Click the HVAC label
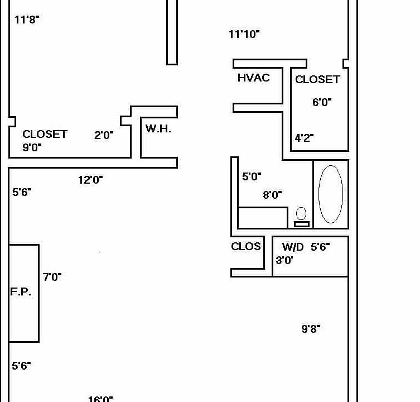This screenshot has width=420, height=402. (x=253, y=78)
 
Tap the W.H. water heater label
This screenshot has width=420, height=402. (x=158, y=129)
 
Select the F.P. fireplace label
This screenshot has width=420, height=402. (x=21, y=291)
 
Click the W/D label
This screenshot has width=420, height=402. (x=293, y=247)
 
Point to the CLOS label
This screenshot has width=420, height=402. (x=246, y=246)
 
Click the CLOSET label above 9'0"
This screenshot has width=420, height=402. (x=45, y=134)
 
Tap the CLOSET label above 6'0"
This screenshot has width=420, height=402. (x=317, y=79)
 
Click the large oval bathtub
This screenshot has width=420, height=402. (x=331, y=194)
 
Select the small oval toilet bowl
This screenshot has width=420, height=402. (x=301, y=213)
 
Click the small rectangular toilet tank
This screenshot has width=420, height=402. (x=302, y=224)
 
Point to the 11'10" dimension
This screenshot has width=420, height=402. (x=244, y=34)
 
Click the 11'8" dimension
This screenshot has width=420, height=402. (x=27, y=20)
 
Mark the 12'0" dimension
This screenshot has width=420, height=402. (x=90, y=180)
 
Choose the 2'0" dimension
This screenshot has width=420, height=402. (x=104, y=135)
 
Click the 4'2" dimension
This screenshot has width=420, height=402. (x=304, y=138)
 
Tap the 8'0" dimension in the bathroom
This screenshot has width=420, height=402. (x=272, y=195)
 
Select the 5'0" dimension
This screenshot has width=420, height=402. (x=252, y=176)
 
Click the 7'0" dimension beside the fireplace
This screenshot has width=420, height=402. (x=52, y=277)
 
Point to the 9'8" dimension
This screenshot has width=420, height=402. (x=311, y=328)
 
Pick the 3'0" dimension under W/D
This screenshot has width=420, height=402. (x=284, y=260)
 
